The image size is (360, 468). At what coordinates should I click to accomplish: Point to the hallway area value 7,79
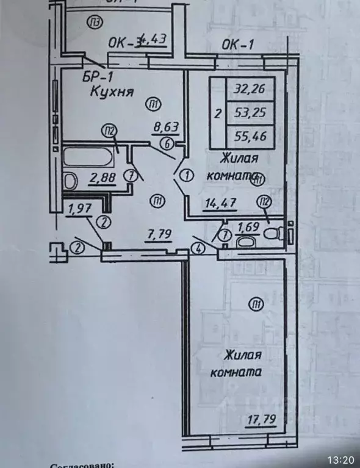pos(158,232)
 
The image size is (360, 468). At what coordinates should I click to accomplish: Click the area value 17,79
pos(259,419)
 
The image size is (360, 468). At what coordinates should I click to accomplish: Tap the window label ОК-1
pos(237,44)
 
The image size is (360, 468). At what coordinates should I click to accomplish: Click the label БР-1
pos(98,77)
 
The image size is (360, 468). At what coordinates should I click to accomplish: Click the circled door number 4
pos(198,248)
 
